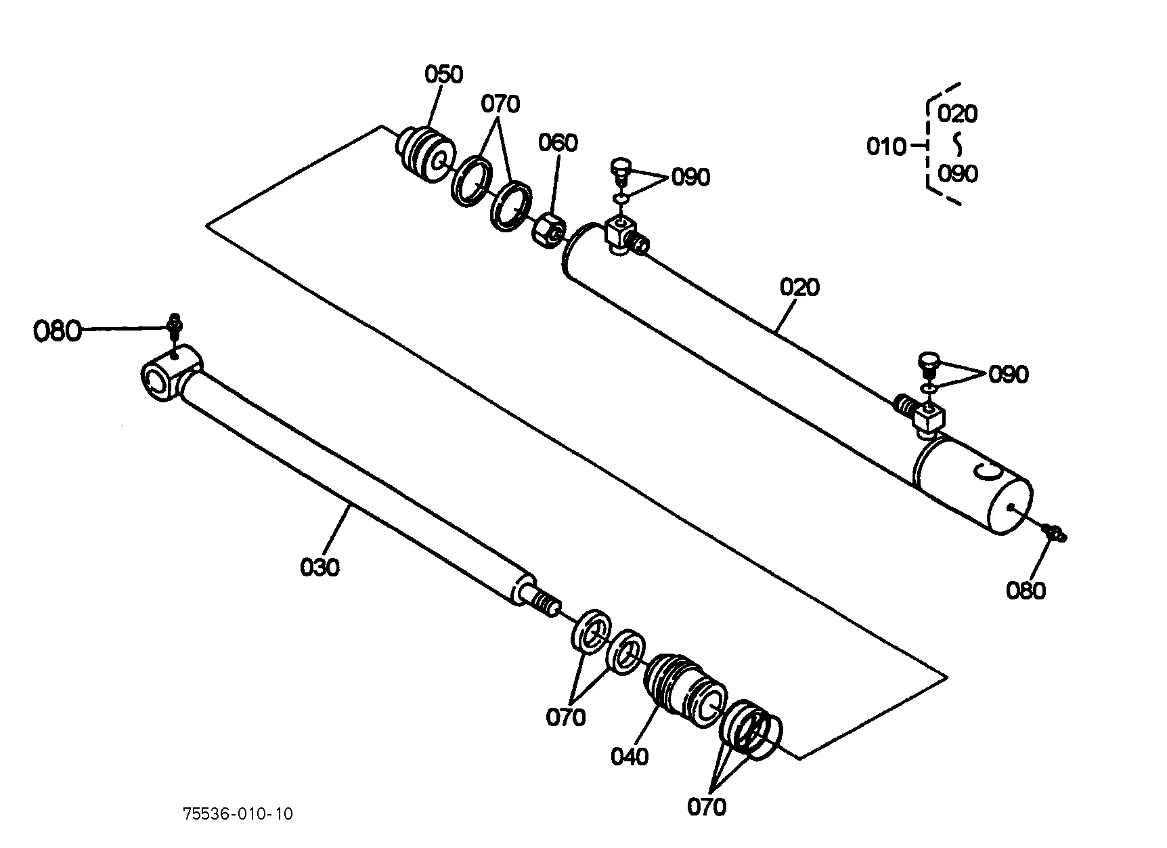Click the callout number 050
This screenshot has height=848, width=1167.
(443, 74)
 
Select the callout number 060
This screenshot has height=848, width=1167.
(558, 143)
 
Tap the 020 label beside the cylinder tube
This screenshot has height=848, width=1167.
(799, 287)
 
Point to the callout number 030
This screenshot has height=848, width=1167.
(320, 567)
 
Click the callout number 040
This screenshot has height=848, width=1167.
(630, 757)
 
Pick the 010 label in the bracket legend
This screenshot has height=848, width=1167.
(886, 146)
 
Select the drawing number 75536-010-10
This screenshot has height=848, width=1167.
(238, 813)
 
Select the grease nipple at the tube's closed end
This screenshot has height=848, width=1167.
(1053, 533)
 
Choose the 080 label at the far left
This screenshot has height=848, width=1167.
(57, 332)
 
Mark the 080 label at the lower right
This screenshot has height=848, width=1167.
(1026, 591)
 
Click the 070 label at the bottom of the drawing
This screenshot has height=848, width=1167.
(707, 807)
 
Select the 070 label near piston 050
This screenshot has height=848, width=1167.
(500, 104)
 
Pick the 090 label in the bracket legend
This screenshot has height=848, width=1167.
(958, 174)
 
